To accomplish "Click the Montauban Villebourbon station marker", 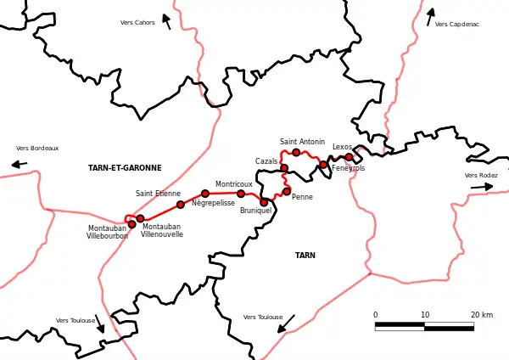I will [131, 224].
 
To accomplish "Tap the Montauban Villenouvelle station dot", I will [141, 218].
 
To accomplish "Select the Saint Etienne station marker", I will [181, 205].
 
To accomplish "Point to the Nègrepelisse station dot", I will [205, 194].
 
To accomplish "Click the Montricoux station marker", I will [241, 194].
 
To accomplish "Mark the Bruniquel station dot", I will [264, 202].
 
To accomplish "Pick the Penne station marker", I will [287, 191].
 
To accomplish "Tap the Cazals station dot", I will [284, 168].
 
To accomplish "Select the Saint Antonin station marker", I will [296, 152].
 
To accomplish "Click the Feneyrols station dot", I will [323, 164].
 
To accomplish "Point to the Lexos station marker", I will [349, 157].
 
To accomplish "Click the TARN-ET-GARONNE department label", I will [125, 168].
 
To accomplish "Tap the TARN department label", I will [305, 256].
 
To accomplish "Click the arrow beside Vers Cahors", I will [166, 20].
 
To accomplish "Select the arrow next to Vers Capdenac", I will [430, 16].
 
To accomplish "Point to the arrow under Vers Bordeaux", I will [19, 164].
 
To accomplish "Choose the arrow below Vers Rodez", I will [482, 186].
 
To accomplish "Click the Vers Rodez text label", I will [481, 176].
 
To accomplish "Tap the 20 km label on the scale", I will [482, 315].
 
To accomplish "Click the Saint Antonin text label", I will [302, 142].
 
